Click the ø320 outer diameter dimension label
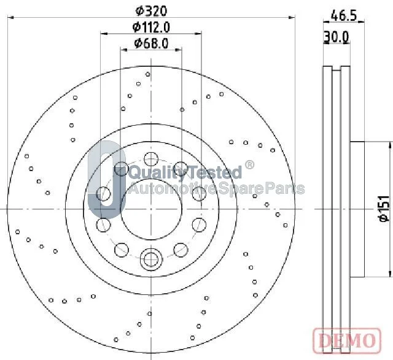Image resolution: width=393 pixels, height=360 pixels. (x=151, y=11)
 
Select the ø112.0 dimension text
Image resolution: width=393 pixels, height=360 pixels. (x=151, y=27)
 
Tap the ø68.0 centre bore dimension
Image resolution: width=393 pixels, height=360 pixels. (x=151, y=44)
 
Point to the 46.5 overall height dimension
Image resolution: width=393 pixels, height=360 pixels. (x=344, y=16)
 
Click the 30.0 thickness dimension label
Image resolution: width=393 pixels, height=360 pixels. (x=337, y=37)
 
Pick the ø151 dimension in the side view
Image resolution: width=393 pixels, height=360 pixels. (x=384, y=209)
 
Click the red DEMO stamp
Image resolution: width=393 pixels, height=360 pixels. (x=347, y=340)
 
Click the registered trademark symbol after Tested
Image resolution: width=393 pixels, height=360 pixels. (x=249, y=165)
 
